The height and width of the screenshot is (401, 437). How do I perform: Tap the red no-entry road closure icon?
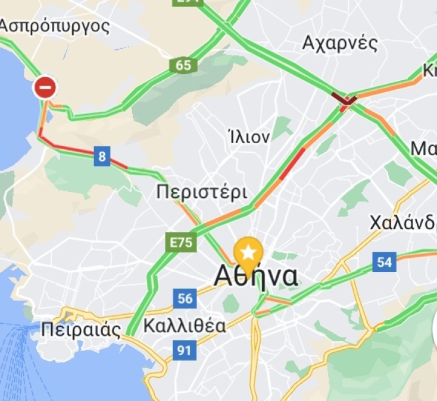pos(45,88)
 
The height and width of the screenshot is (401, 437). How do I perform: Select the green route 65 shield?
pos(183,65)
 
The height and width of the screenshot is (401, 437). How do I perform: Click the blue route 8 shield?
pos(102,157)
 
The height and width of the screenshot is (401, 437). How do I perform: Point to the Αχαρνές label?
pos(340,43)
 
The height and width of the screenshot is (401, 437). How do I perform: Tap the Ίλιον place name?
pos(249,137)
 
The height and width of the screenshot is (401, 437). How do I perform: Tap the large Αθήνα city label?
pos(255,276)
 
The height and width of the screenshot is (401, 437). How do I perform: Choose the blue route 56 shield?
pos(185,298)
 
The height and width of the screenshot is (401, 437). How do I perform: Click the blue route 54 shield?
pos(385,262)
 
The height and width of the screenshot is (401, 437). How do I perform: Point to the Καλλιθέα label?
pos(185,326)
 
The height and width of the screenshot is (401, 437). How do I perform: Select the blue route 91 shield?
pos(184,350)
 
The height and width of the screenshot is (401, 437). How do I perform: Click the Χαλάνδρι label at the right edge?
pos(402,223)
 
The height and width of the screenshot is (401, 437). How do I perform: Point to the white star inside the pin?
pos(248,253)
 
